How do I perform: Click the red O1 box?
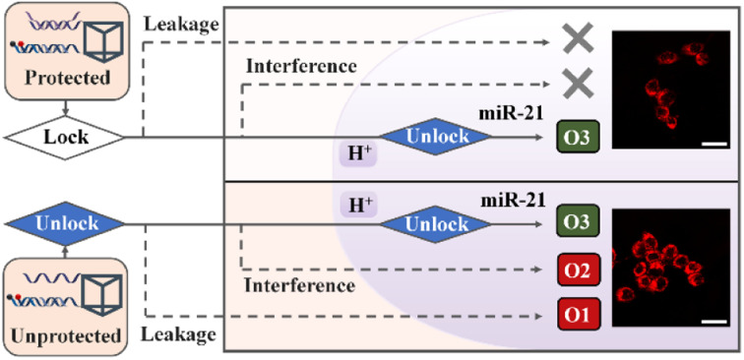(x=578, y=317)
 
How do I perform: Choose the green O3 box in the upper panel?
(x=578, y=136)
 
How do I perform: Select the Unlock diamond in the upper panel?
(x=432, y=137)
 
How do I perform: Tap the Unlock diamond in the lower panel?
(x=432, y=223)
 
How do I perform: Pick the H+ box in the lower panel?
(x=357, y=207)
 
